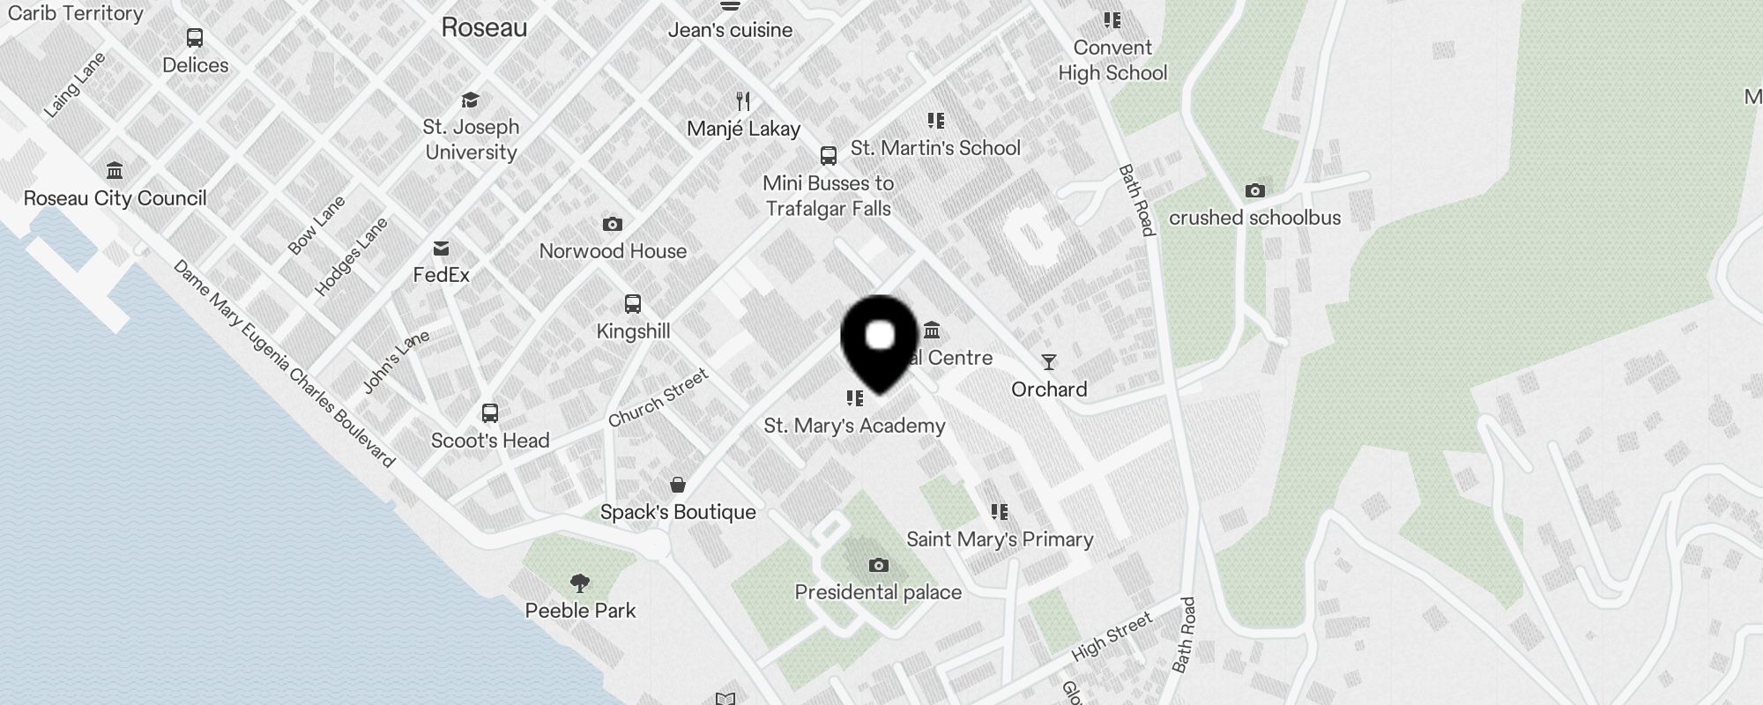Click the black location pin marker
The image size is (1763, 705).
click(880, 340)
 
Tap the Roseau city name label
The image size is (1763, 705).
click(484, 27)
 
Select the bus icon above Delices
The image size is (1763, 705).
click(195, 38)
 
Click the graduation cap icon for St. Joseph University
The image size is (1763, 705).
click(471, 100)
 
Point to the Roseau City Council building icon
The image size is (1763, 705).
click(115, 170)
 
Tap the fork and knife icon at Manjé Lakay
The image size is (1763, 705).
click(743, 101)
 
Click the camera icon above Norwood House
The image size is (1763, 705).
click(613, 224)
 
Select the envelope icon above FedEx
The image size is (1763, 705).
click(441, 249)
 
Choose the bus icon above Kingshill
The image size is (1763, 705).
click(633, 304)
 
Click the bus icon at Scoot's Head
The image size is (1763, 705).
click(490, 412)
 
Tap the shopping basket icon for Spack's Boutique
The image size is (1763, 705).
click(678, 485)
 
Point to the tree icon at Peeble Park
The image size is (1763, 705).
click(580, 583)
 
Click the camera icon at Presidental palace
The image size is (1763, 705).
click(878, 565)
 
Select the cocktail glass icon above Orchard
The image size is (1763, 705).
click(1048, 362)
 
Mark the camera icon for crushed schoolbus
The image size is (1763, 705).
click(1254, 190)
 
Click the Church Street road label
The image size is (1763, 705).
click(658, 398)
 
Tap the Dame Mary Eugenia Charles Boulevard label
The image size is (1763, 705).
click(284, 363)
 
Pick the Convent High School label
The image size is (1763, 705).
click(1112, 60)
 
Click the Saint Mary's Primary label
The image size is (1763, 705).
click(1000, 539)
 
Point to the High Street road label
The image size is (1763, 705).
click(1112, 637)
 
